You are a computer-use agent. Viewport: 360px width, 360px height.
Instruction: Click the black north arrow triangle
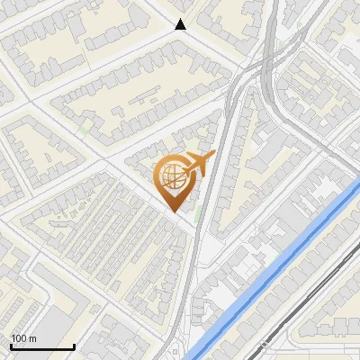pos(181,25)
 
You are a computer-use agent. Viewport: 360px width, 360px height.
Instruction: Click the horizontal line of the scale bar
pos(41,346)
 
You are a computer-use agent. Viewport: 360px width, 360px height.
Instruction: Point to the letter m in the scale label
pos(33,338)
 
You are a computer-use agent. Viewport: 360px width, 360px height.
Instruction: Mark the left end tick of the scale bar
pos(11,345)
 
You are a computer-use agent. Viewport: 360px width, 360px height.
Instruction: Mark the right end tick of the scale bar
pos(73,345)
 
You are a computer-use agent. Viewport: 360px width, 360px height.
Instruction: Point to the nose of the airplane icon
pos(213,157)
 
